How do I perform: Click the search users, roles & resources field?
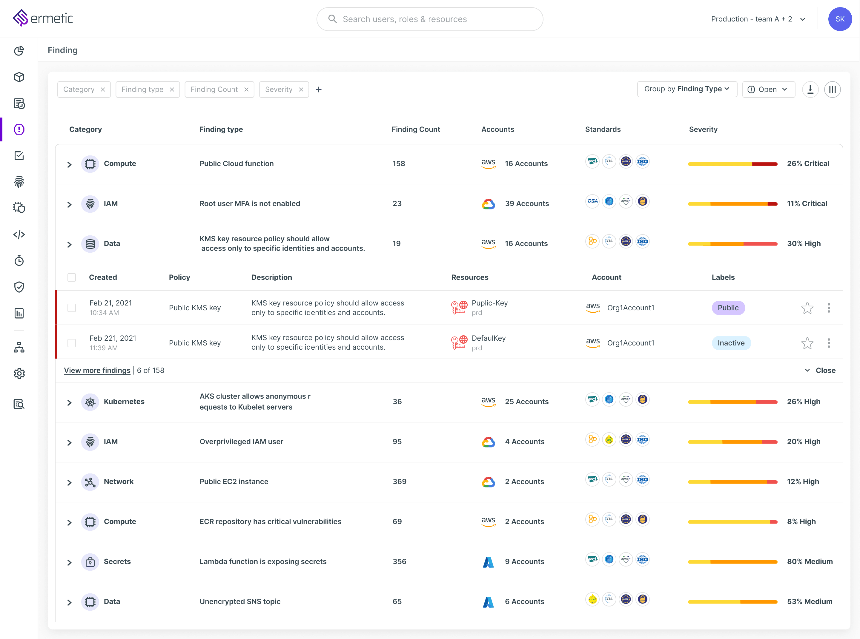pos(429,19)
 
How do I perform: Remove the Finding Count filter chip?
pos(246,89)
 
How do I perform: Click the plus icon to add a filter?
pos(319,89)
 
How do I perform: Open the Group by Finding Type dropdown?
pos(687,89)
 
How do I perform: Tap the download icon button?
pos(810,89)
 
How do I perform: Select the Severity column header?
pos(703,129)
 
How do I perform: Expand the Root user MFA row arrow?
pos(69,204)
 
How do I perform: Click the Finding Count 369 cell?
pos(399,481)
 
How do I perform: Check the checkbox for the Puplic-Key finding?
pos(72,308)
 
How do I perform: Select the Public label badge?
pos(728,308)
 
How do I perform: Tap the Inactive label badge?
pos(731,343)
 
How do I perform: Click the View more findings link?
pos(97,370)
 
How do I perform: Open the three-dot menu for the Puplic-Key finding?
pos(829,308)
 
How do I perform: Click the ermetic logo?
pos(43,18)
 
